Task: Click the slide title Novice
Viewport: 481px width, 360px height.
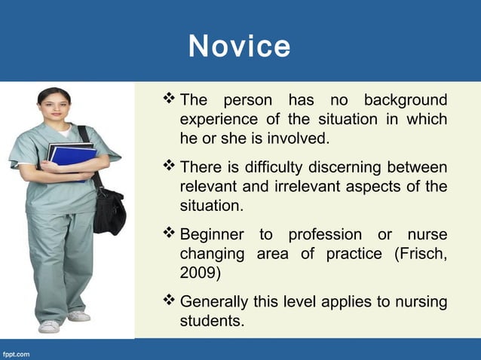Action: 240,46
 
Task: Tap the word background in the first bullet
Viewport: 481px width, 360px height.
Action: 406,101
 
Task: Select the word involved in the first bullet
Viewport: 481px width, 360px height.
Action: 296,139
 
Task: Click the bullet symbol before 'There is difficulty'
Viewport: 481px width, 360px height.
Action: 169,166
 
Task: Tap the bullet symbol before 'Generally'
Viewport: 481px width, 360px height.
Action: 169,303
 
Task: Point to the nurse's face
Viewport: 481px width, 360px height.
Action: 54,106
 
